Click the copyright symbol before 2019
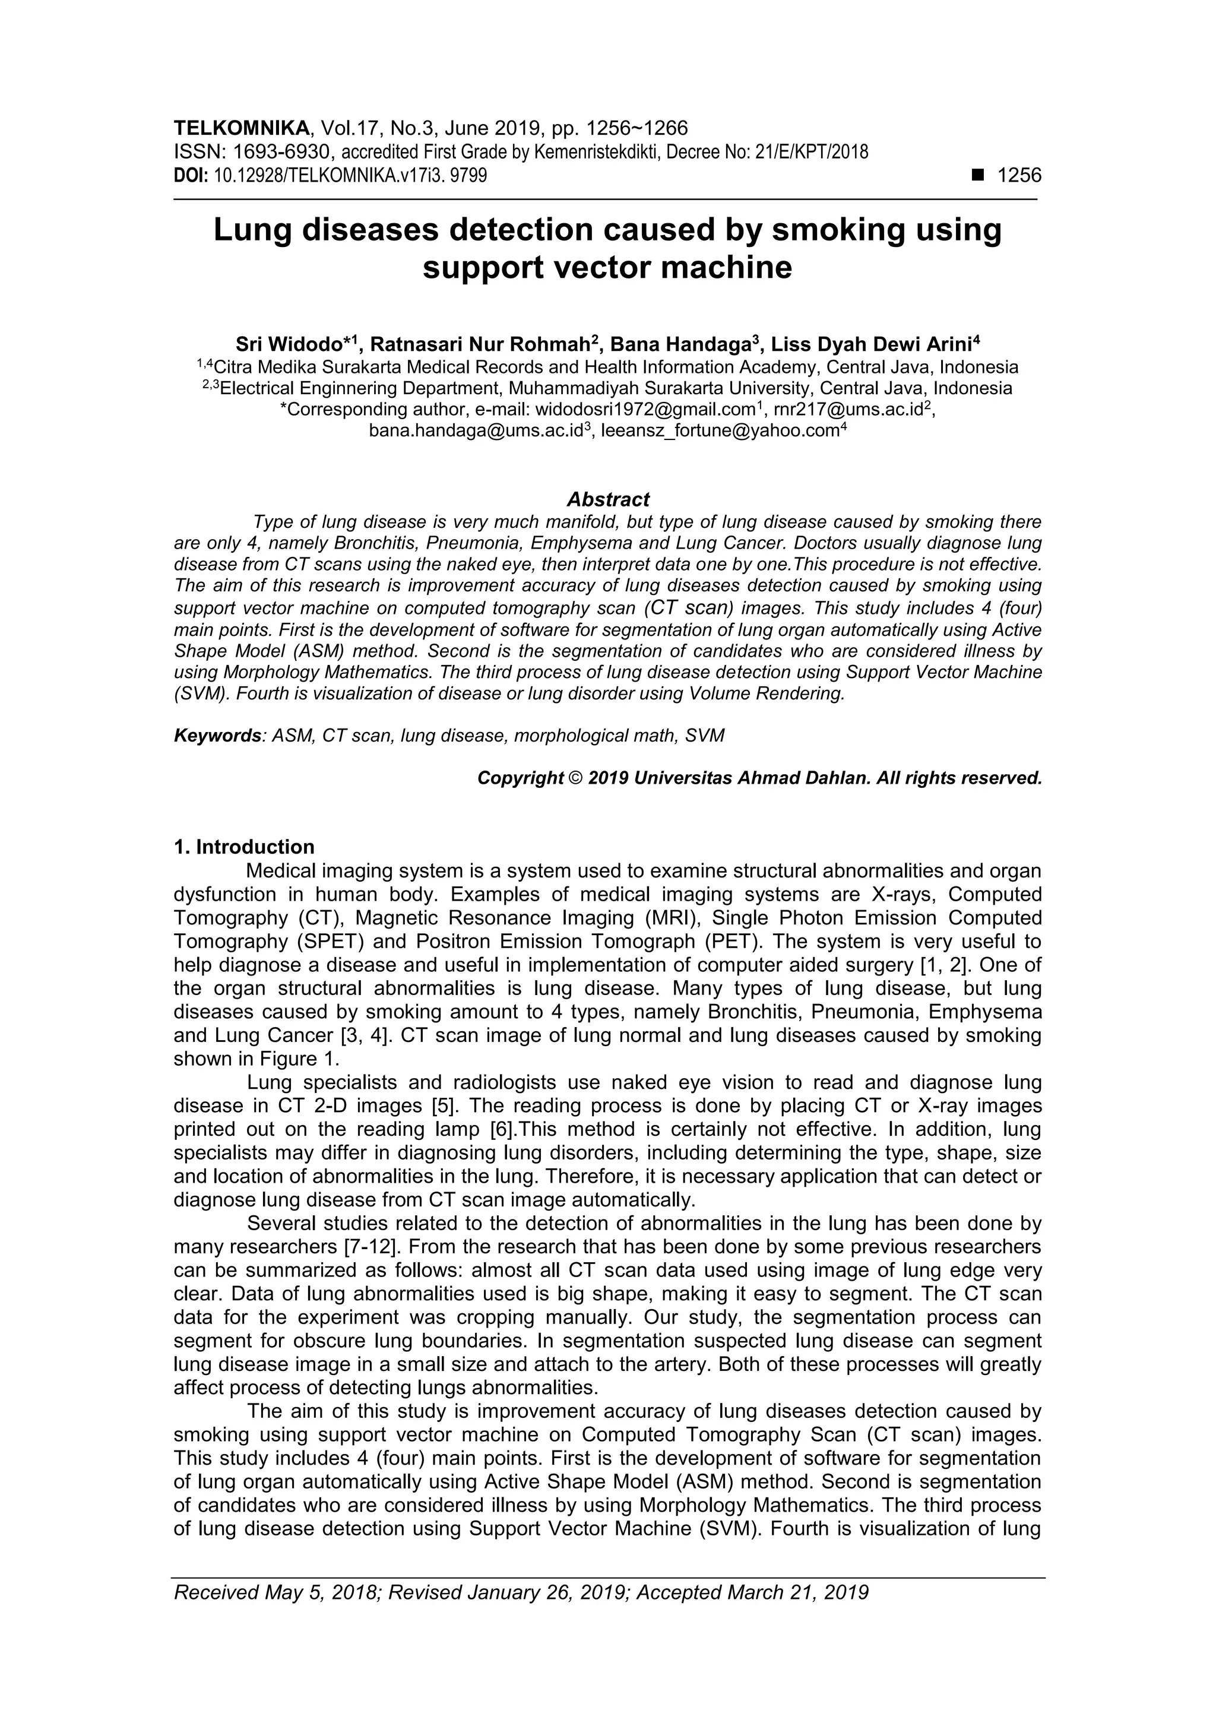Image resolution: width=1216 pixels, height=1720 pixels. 575,778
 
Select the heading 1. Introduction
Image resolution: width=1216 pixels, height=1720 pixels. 244,847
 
